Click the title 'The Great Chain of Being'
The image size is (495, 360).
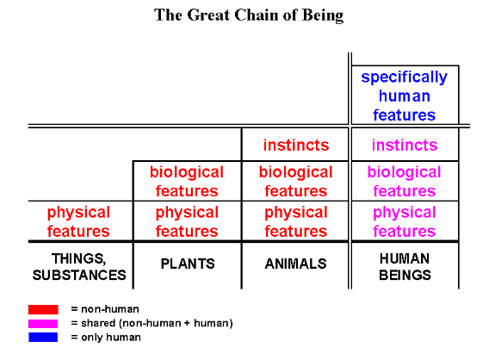(249, 16)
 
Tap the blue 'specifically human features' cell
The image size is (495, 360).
(405, 96)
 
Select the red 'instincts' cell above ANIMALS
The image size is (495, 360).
(296, 145)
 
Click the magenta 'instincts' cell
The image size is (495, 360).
(405, 145)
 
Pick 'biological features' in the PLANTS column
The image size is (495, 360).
(187, 182)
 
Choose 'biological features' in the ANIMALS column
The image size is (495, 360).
(296, 182)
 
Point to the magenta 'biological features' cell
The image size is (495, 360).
(405, 182)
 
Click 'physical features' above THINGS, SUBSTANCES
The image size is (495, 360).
(78, 221)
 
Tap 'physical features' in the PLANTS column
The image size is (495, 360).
(187, 221)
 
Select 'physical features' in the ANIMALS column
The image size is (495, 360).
(296, 221)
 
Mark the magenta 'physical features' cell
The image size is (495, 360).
(405, 221)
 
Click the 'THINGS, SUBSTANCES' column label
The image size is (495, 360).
(79, 267)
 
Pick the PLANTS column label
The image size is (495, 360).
(188, 264)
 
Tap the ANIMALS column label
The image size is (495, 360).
(296, 264)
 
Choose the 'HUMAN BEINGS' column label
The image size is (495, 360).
(405, 267)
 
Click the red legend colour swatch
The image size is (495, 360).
(43, 309)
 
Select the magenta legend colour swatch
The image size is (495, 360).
(43, 324)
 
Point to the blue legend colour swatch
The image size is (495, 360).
(43, 338)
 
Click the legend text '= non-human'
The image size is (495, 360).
(105, 309)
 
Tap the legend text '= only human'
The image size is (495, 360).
(106, 338)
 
